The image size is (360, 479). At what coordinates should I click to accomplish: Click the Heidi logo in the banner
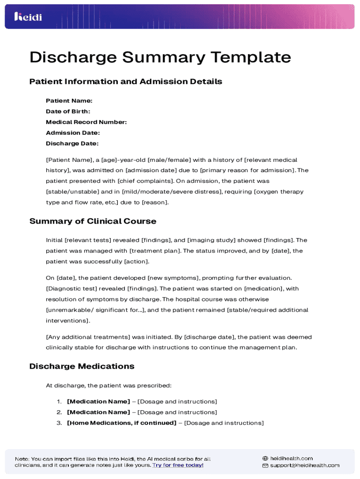point(28,17)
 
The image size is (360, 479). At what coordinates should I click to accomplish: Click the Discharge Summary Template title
point(160,58)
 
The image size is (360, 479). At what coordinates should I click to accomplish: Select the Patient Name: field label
point(69,101)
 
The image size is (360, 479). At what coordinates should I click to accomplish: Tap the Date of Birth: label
point(68,111)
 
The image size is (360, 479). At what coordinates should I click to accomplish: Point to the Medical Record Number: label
point(86,122)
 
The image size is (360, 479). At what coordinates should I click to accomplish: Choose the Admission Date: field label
point(72,133)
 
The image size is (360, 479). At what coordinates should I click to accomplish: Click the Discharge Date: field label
point(72,144)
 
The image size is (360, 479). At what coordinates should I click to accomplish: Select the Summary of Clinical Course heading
point(93,221)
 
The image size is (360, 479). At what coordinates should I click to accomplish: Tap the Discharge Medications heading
point(82,366)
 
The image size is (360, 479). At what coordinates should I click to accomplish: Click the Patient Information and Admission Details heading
point(126,82)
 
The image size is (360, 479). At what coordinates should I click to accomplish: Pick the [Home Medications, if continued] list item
point(122,423)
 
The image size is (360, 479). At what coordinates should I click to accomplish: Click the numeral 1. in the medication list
point(59,401)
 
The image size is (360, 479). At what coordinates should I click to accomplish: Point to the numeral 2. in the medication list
point(59,412)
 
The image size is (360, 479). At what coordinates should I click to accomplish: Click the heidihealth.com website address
point(291,458)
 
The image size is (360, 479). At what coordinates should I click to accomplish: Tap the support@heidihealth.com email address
point(304,465)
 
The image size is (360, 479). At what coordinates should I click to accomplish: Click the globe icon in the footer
point(265,458)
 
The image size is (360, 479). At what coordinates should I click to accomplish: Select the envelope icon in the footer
point(265,466)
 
